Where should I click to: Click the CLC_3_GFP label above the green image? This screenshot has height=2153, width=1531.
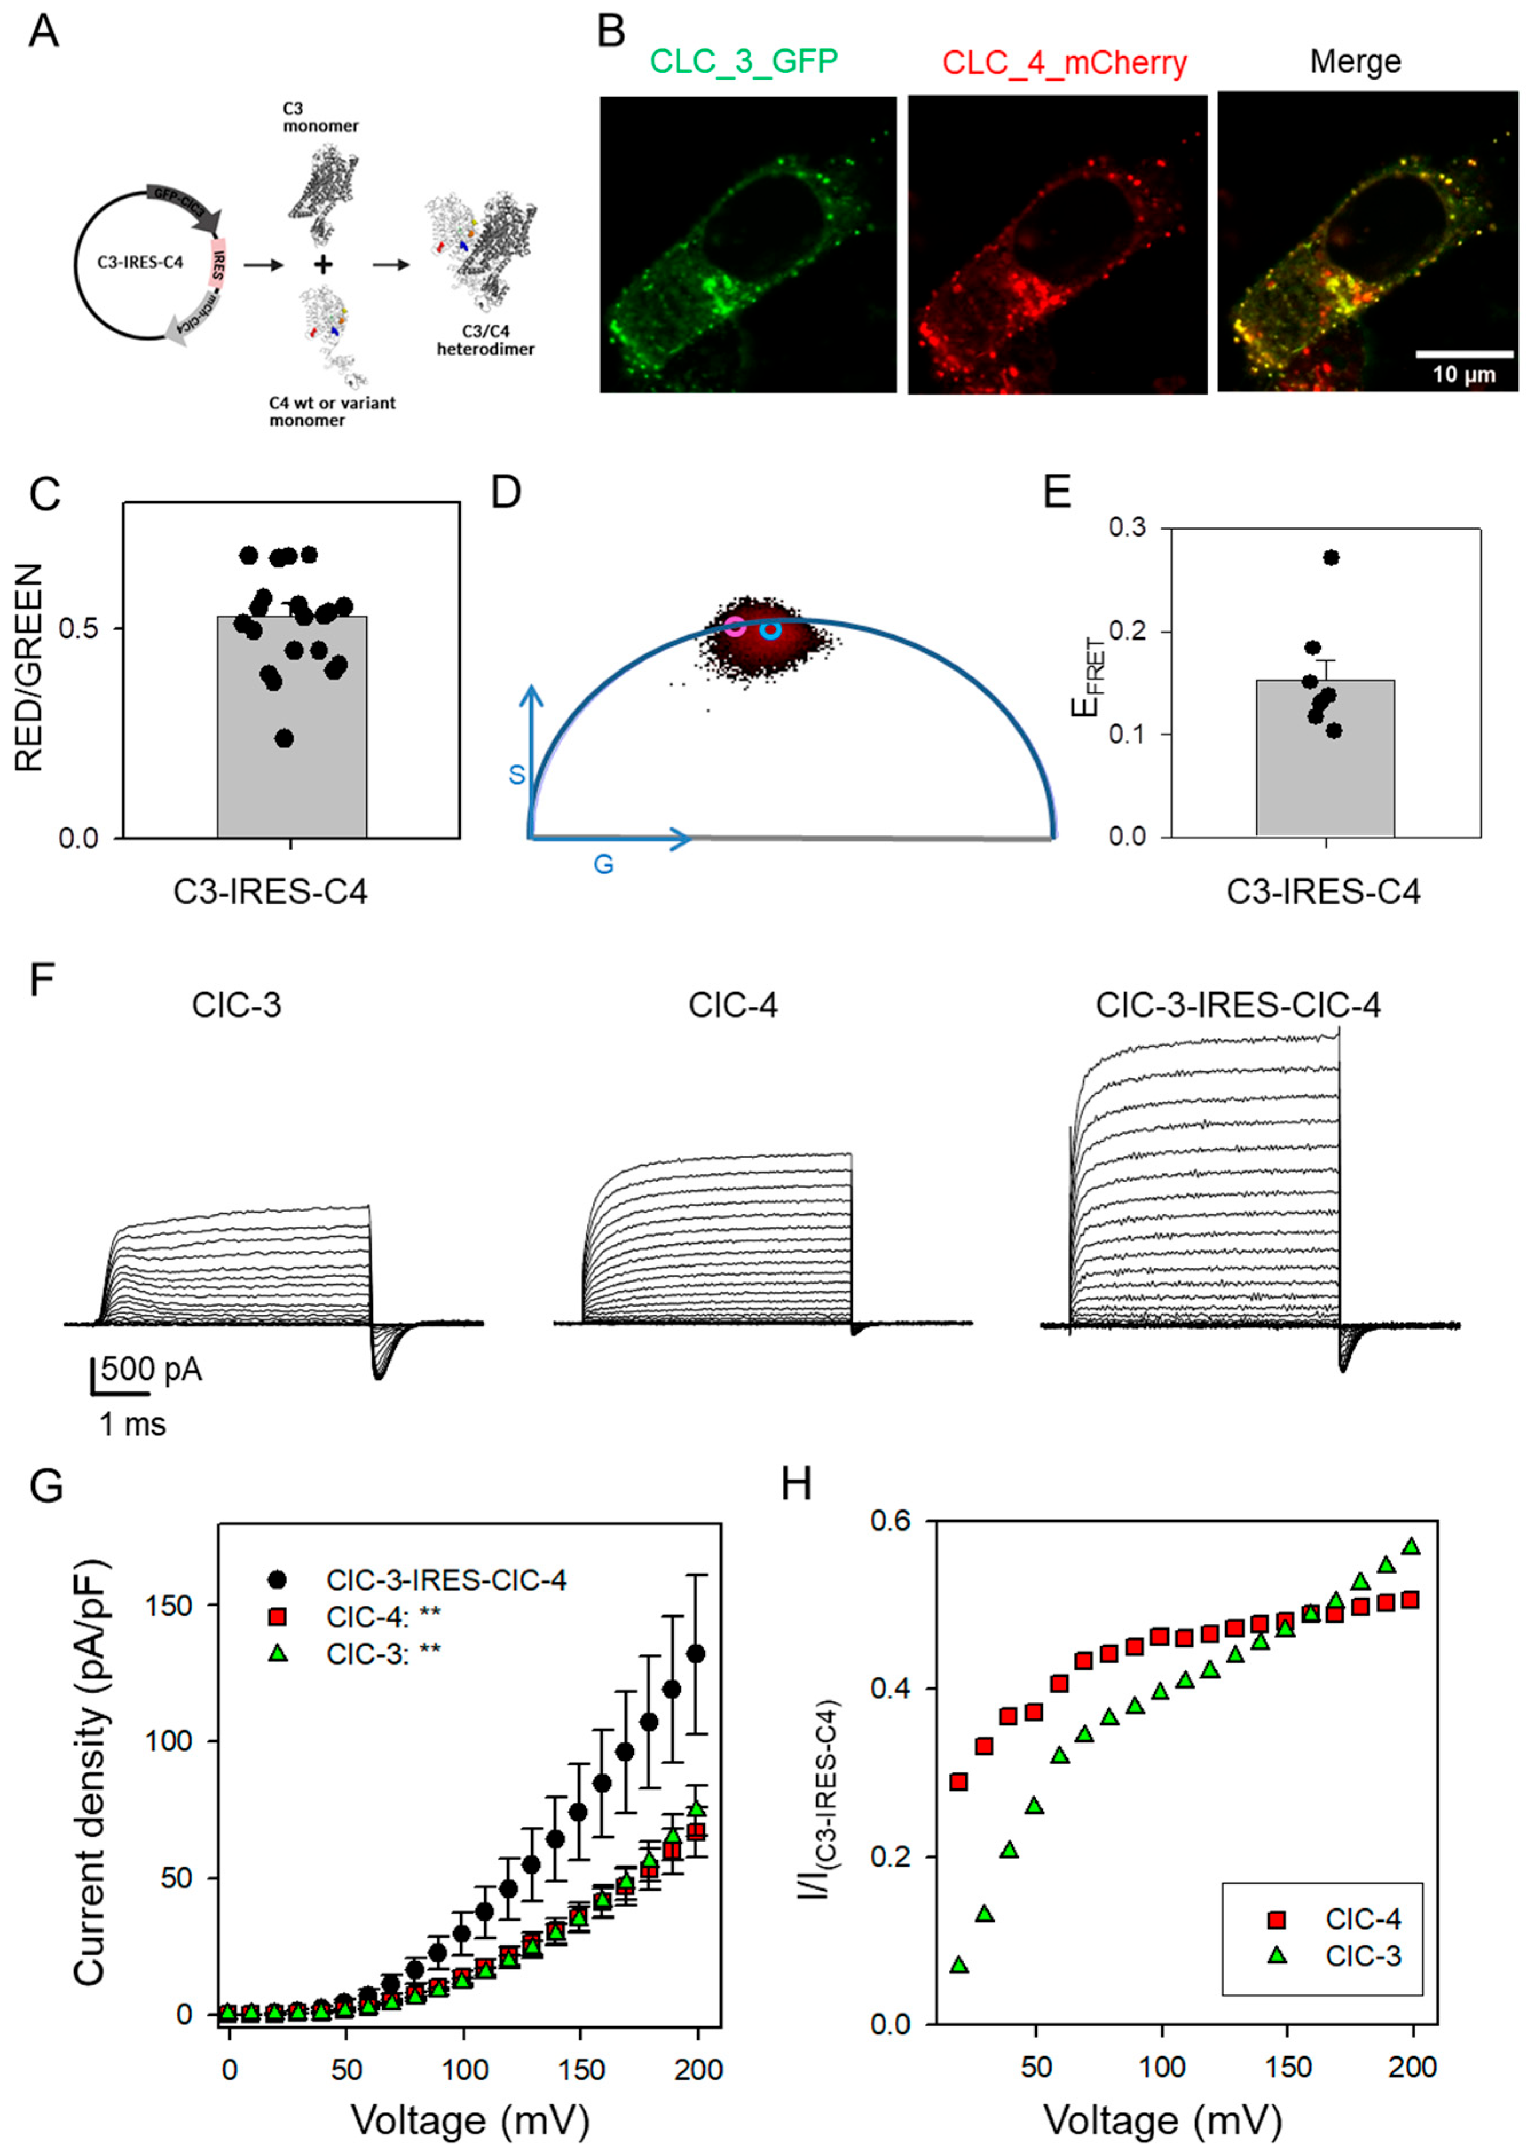tap(744, 62)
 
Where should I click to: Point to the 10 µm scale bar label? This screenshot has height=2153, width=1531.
tap(1464, 374)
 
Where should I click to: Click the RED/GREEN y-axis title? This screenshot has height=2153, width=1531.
tap(30, 668)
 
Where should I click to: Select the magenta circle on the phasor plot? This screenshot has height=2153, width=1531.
tap(735, 624)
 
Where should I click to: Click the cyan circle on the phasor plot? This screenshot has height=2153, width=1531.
tap(771, 629)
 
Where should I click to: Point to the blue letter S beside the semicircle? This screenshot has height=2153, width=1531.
tap(516, 775)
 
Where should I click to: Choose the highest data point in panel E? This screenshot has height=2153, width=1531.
tap(1331, 557)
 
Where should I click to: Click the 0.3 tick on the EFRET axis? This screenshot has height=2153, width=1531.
tap(1127, 528)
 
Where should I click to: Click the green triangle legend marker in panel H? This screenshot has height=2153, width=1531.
tap(1277, 1956)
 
